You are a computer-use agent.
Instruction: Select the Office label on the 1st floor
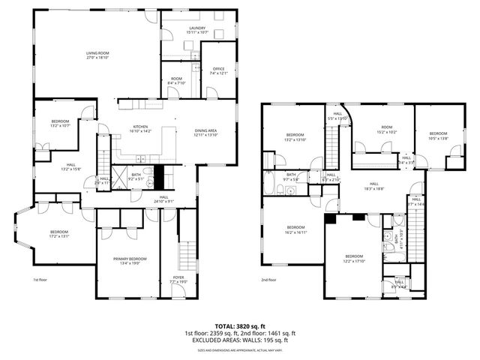218,70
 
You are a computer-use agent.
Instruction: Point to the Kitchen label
141,128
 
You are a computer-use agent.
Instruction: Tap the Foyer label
178,279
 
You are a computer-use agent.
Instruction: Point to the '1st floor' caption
40,280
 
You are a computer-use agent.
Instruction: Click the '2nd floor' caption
268,280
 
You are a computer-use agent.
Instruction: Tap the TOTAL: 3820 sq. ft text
240,325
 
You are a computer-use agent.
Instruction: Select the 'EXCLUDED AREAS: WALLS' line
240,340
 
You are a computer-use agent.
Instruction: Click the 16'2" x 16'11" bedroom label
296,229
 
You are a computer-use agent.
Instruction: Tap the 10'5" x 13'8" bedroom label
438,136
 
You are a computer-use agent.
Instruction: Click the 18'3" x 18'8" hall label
373,187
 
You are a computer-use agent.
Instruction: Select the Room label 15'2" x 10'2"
386,130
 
